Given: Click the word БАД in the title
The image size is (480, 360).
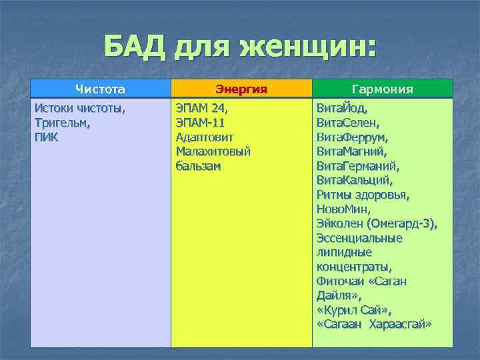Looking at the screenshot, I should pos(136,47).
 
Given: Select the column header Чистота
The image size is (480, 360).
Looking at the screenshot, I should pos(100,89).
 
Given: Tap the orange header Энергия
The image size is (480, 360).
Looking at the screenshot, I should pos(241,89).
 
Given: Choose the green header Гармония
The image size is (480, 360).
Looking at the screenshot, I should pos(382,89).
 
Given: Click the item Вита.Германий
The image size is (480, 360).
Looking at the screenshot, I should pos(358,165).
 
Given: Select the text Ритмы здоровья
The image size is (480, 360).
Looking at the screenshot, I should pos(363,195).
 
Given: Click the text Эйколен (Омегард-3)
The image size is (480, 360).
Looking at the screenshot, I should pos(377,224).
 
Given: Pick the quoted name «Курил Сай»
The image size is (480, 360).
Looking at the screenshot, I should pos(354,310).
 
